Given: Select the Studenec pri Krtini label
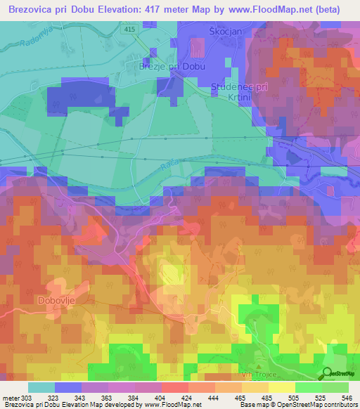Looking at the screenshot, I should pyautogui.click(x=240, y=91).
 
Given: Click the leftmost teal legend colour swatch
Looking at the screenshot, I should pyautogui.click(x=41, y=387).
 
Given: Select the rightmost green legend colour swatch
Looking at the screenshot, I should pyautogui.click(x=335, y=387).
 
